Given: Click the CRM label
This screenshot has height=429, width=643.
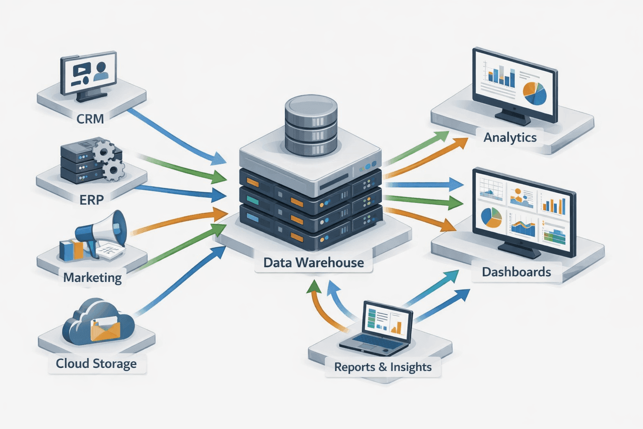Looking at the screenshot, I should [90, 119].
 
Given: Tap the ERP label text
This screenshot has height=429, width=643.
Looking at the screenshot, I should [91, 200].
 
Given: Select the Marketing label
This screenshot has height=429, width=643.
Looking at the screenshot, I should [93, 277].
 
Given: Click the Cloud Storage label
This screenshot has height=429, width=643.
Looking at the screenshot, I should [96, 363].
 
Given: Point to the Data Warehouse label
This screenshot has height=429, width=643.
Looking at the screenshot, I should [314, 263].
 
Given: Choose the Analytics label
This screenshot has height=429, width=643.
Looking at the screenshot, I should [510, 137].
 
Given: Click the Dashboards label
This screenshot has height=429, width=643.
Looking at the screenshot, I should [516, 272].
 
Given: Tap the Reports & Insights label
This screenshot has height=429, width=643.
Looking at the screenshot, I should [383, 367].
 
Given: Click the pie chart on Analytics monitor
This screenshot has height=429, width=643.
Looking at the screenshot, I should [535, 93].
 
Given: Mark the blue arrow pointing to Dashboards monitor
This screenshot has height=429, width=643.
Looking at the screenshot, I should [423, 184].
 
